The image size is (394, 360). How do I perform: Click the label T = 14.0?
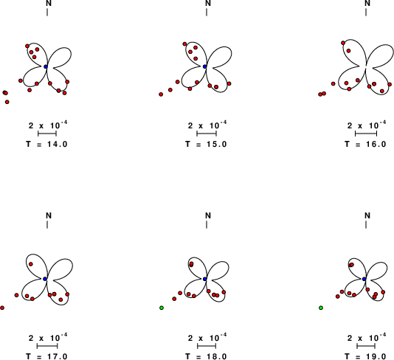pos(46,144)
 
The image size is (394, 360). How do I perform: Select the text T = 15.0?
pos(206,144)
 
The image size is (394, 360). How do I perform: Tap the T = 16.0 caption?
pos(365,144)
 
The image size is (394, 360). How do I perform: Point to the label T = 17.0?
pos(46,356)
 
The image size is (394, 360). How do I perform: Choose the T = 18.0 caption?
pos(206,356)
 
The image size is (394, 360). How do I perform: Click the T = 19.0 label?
pos(365,356)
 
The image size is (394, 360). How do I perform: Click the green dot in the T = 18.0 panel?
pos(162,308)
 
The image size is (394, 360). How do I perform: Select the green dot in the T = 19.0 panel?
pos(321,308)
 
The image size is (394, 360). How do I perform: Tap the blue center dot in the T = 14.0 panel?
pos(46,66)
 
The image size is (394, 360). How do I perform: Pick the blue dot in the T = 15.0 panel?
pos(204,66)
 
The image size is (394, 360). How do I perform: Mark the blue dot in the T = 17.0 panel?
pos(45,279)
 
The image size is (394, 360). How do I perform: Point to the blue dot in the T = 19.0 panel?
pos(364,279)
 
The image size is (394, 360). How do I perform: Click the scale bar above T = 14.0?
pos(47,134)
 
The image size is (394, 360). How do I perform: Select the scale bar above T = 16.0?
pos(366,134)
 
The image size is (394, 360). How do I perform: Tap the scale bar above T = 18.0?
pos(207,346)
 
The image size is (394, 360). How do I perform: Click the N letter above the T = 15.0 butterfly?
pos(208,3)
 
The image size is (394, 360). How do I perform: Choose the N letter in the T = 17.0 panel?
pos(49,215)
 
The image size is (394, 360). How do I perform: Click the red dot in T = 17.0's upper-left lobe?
pos(31,264)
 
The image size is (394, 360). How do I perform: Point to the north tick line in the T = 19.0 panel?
pos(366,224)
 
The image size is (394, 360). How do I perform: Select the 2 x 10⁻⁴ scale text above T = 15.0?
pos(207,125)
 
